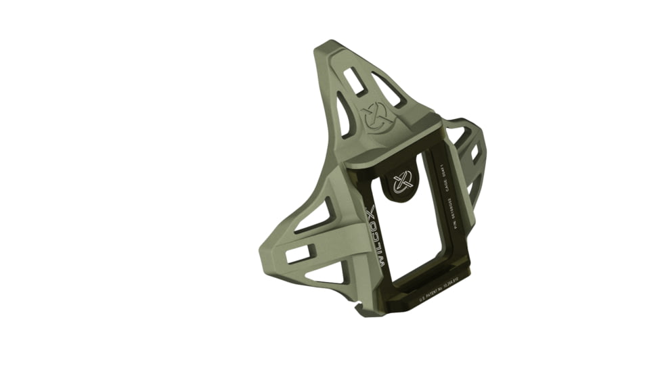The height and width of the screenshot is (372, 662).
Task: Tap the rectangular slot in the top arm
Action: [355, 80]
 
